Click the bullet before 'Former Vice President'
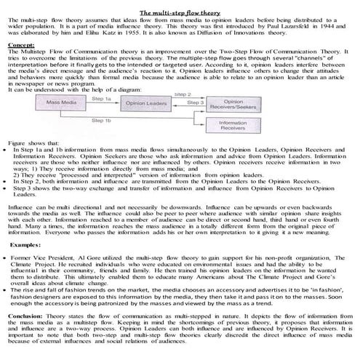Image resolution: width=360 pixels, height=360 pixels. (8, 257)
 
